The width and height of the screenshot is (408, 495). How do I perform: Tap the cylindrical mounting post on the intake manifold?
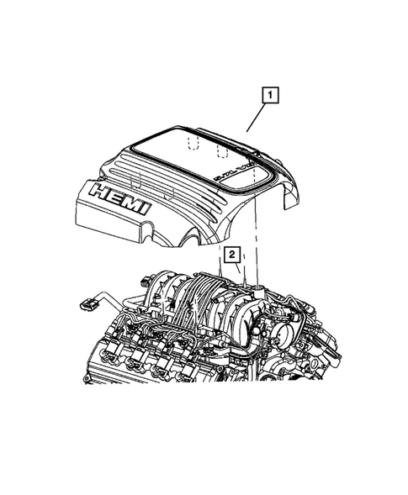[252, 291]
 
